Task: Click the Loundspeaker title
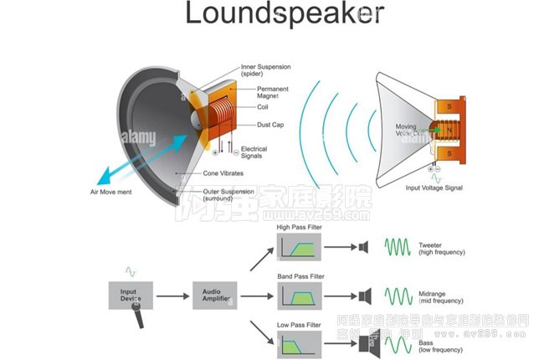285,14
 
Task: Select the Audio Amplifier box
216,295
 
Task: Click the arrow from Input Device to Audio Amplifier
172,296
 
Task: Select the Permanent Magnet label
273,92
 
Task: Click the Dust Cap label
271,125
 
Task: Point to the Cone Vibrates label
223,173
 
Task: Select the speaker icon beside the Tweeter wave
363,247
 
